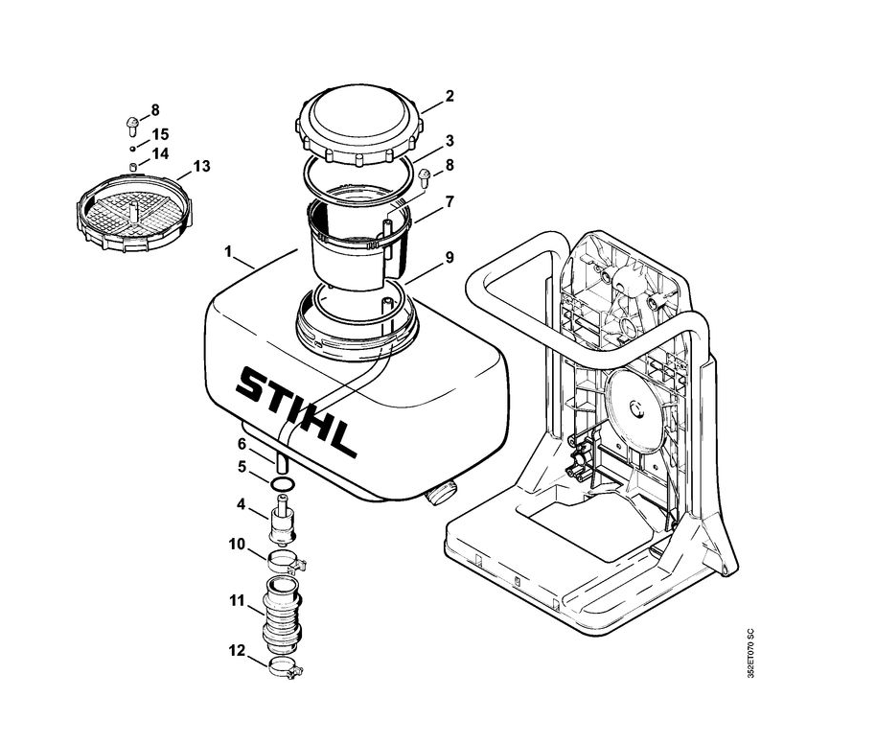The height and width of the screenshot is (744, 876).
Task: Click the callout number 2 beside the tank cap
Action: [x=450, y=96]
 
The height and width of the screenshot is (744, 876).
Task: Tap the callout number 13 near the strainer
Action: [x=201, y=166]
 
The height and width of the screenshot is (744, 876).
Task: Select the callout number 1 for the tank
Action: [x=228, y=251]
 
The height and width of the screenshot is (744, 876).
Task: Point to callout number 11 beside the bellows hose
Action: [x=237, y=601]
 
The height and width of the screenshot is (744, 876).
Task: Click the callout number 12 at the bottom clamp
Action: [x=237, y=651]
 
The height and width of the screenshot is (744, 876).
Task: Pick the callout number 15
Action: [x=160, y=134]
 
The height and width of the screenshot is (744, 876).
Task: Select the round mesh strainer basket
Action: [x=133, y=213]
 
